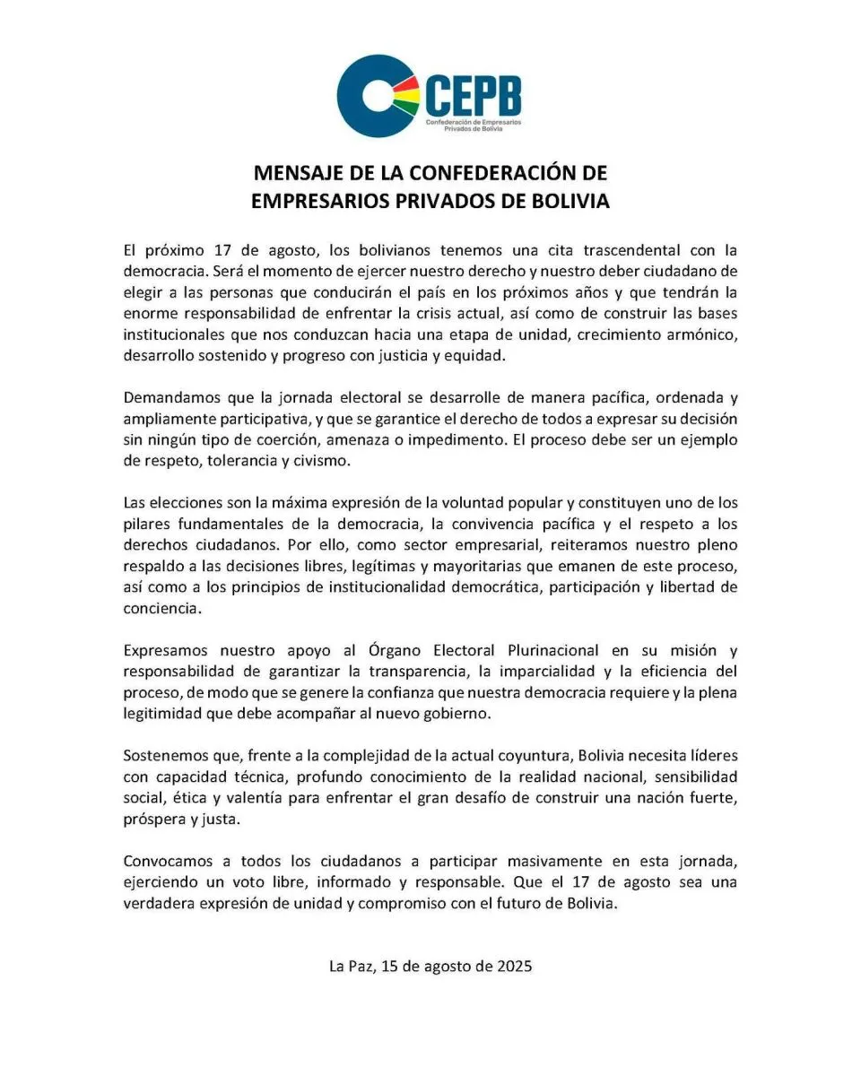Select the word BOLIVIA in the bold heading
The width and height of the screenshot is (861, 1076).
[566, 201]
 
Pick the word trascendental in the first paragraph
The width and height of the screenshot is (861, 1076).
[640, 252]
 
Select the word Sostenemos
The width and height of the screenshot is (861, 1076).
[167, 756]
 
